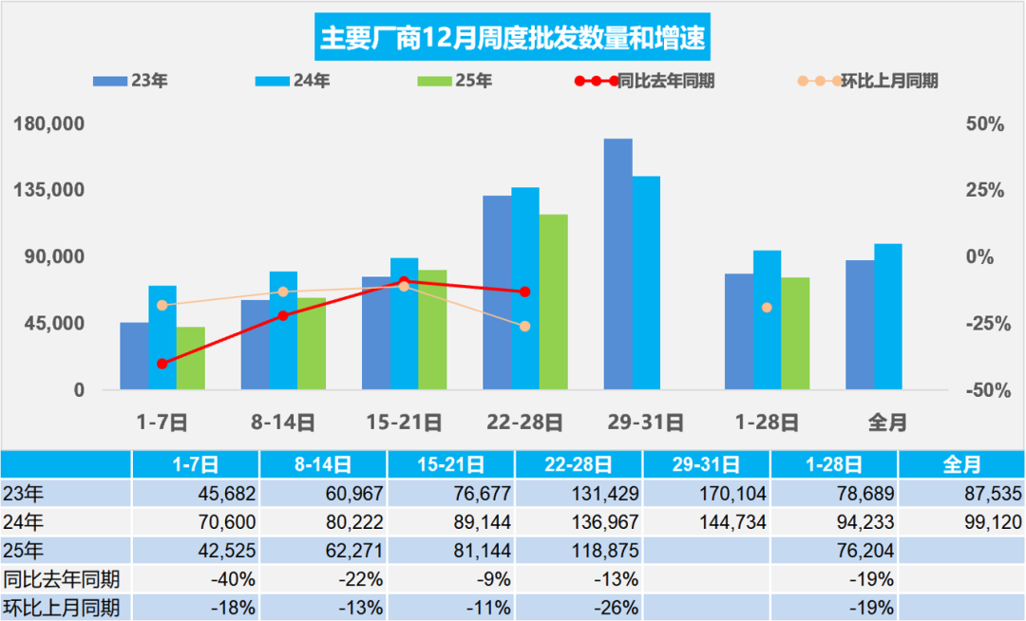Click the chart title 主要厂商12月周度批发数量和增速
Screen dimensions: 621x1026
513,39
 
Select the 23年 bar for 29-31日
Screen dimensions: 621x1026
617,264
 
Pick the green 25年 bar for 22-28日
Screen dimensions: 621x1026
553,302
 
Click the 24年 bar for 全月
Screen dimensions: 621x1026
888,316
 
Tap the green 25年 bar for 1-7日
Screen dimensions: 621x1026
190,358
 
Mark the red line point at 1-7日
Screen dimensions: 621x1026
162,364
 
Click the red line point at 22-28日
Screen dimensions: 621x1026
524,292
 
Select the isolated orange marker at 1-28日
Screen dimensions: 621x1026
767,308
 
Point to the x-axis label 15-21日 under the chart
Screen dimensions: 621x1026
404,422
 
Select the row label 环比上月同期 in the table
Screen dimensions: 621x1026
62,607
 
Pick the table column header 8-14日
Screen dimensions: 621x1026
323,464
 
